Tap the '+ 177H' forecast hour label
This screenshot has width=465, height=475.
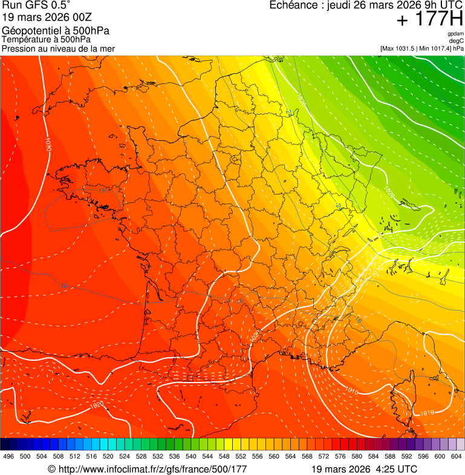430,21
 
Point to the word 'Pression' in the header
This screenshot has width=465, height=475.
19,48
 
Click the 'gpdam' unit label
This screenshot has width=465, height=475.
455,34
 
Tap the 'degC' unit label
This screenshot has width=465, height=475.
457,40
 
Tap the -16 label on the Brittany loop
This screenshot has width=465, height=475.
100,190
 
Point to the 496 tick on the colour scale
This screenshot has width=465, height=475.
8,456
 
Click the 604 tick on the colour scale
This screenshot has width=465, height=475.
457,456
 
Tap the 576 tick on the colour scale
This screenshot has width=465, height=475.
340,456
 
